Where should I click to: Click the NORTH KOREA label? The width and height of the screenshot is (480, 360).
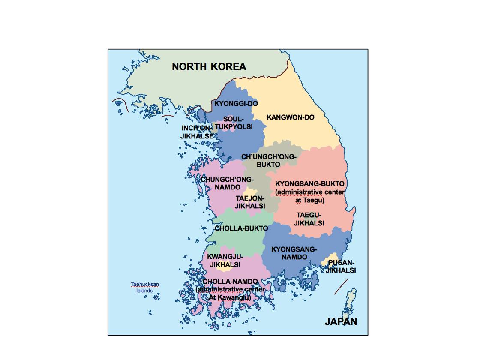click(209, 66)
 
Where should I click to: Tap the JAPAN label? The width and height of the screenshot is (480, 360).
click(341, 322)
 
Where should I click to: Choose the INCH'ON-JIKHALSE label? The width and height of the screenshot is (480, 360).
click(197, 132)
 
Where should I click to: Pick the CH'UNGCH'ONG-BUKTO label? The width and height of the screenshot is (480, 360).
click(269, 161)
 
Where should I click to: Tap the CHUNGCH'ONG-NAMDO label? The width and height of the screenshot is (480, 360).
click(228, 183)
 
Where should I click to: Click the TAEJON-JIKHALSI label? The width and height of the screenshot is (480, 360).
click(250, 202)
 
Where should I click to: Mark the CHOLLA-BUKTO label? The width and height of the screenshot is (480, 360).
click(241, 228)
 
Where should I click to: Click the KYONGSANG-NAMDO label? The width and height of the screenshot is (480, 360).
click(294, 253)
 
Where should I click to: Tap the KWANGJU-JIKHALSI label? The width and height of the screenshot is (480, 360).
click(225, 261)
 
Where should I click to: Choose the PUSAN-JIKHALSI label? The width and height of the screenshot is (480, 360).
click(341, 266)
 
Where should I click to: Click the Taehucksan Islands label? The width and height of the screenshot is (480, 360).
click(145, 287)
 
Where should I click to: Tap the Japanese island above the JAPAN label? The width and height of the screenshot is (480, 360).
click(351, 300)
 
